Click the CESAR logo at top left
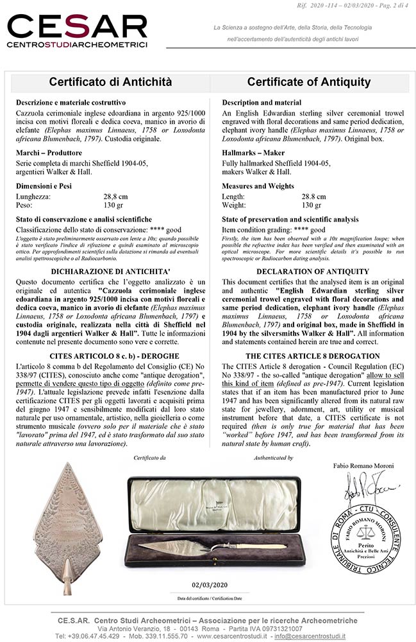77,31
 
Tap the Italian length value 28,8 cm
116,196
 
